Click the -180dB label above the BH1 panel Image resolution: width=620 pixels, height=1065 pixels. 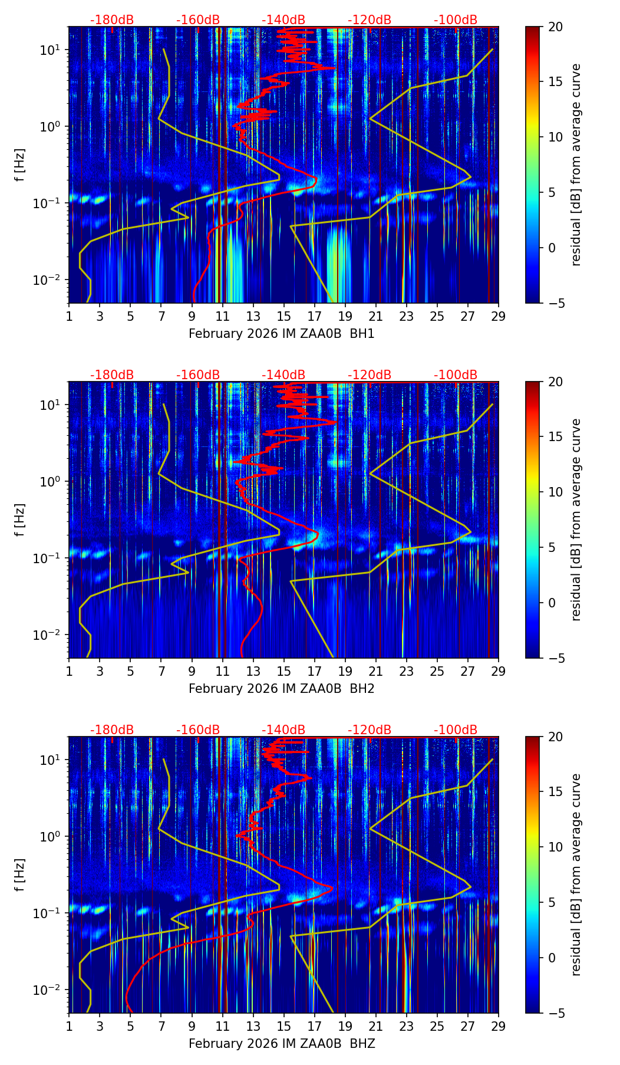112,20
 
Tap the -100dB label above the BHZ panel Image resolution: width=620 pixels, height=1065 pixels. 456,730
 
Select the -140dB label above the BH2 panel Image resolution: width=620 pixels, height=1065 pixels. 283,375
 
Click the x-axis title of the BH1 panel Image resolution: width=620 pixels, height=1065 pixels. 282,334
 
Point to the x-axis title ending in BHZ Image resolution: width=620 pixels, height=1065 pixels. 282,1044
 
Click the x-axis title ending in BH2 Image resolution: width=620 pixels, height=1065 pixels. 282,689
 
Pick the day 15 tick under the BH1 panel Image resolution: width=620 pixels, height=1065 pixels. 283,316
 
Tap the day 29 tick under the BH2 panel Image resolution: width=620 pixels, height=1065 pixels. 499,671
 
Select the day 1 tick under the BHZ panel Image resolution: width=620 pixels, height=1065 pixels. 69,1026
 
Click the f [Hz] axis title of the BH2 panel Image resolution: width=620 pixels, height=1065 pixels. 21,520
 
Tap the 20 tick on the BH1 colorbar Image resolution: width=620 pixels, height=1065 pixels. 555,27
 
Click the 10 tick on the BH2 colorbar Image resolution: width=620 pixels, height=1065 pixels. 555,492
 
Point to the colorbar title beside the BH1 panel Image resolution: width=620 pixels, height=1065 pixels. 576,165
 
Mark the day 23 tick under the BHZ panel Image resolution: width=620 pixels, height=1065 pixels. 407,1026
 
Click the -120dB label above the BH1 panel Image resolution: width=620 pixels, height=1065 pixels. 370,20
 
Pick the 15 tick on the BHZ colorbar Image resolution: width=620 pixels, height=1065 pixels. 555,792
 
